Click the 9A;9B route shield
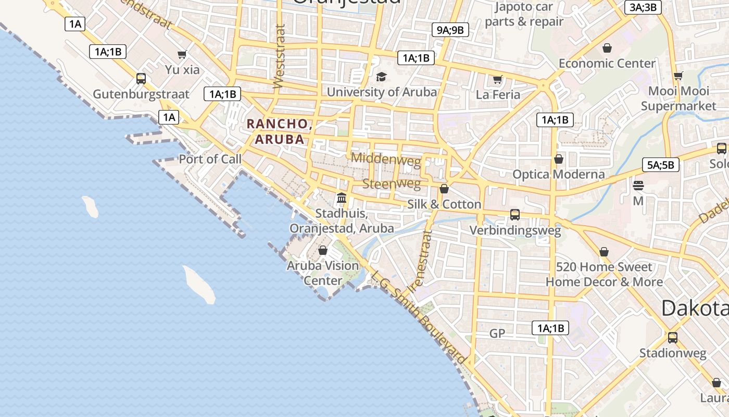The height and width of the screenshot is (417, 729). (x=450, y=30)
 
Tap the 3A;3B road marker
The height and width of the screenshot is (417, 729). (x=643, y=7)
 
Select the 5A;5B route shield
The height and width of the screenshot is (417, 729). (x=660, y=165)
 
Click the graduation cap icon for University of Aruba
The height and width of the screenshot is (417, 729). (x=382, y=77)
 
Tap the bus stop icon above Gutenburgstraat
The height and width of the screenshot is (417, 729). (x=141, y=79)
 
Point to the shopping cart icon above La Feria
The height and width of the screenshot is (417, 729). (x=497, y=80)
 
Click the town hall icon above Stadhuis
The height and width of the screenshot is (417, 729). (x=342, y=198)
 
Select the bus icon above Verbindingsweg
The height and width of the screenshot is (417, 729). (x=515, y=214)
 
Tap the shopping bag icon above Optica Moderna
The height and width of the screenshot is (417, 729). (x=559, y=159)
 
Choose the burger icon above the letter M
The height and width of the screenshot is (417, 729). (x=638, y=186)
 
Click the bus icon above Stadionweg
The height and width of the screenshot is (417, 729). (x=673, y=337)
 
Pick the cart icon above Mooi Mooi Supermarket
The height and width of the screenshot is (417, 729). (x=678, y=76)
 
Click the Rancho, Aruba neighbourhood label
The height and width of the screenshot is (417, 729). (x=279, y=131)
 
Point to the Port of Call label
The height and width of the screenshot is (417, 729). (x=210, y=159)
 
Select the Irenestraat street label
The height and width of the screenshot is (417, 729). (x=421, y=261)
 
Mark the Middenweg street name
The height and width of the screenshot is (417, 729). (x=386, y=159)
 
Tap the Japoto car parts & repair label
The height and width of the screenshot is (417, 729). (x=524, y=14)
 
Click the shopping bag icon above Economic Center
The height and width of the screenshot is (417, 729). (x=607, y=48)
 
